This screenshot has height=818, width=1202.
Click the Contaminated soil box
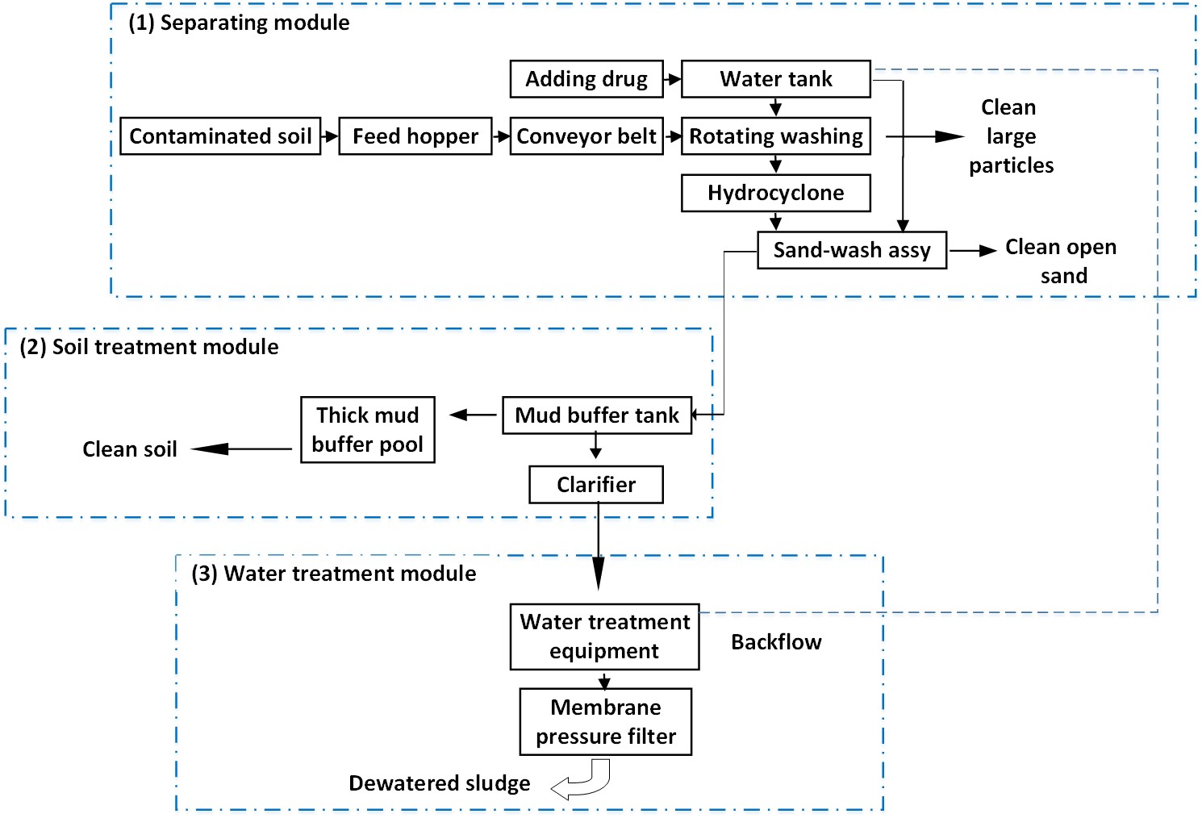coord(220,136)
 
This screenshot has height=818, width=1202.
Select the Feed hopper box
coord(415,136)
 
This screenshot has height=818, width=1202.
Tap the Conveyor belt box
coord(586,136)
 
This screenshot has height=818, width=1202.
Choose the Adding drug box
coord(586,79)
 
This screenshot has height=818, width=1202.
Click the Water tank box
coord(775,79)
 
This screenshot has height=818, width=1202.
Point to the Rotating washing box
coord(775,136)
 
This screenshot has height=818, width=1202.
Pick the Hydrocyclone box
coord(775,193)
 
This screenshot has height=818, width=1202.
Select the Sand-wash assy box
coord(852,250)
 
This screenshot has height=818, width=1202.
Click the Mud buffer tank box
coord(597,415)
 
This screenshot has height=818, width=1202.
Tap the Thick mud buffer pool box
coord(368,430)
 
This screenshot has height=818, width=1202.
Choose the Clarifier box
coord(596,485)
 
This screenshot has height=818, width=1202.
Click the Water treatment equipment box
coord(604,636)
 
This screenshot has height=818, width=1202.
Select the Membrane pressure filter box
coord(606,722)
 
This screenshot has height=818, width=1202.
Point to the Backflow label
coord(776,642)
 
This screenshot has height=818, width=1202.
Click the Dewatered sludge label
coord(440,783)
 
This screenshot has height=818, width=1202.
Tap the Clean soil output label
coord(130,449)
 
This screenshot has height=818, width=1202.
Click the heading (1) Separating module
coord(240,23)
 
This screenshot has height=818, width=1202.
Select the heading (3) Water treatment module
coord(334,574)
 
